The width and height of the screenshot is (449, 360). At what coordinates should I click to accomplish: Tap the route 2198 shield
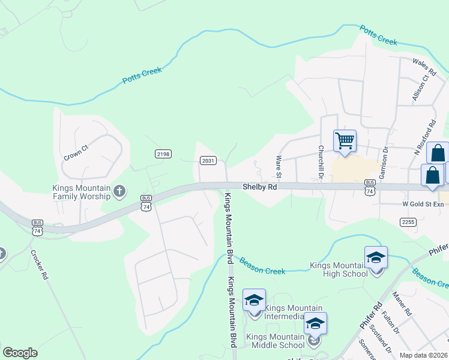[163, 154]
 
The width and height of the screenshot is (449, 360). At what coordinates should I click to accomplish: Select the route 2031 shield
[208, 160]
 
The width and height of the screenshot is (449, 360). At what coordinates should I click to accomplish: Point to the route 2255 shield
[408, 221]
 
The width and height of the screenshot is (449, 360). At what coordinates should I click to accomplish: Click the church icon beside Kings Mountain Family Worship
[119, 191]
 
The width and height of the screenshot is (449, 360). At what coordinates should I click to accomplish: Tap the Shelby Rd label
[259, 187]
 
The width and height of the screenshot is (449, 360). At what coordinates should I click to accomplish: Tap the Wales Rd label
[423, 62]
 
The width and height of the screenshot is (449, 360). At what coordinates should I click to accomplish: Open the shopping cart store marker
[345, 142]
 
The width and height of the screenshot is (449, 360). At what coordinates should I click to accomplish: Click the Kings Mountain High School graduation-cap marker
[376, 258]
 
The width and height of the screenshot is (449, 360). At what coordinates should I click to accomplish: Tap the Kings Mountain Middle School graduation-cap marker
[315, 324]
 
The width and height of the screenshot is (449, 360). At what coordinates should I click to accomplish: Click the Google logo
[20, 353]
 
